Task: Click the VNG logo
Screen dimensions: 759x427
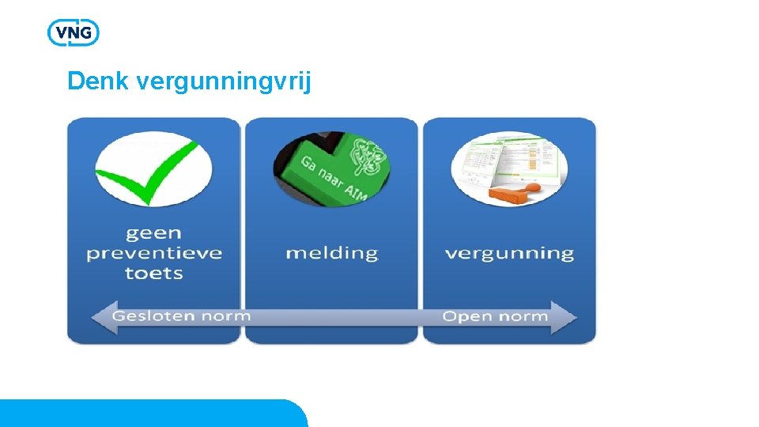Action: coord(73,32)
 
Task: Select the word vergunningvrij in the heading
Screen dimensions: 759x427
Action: coord(224,81)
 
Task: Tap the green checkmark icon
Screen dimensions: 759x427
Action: coord(150,167)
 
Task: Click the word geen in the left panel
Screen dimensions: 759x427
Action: coord(153,233)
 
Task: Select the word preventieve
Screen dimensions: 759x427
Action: coord(154,253)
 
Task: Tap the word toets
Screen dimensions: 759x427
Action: coord(153,274)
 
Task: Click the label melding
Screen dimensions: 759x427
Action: coord(331,253)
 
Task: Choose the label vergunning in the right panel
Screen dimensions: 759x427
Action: coord(509,254)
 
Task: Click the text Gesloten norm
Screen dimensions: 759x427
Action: coord(181,316)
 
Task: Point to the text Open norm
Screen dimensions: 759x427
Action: coord(495,316)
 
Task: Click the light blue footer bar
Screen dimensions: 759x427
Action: coord(150,414)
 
